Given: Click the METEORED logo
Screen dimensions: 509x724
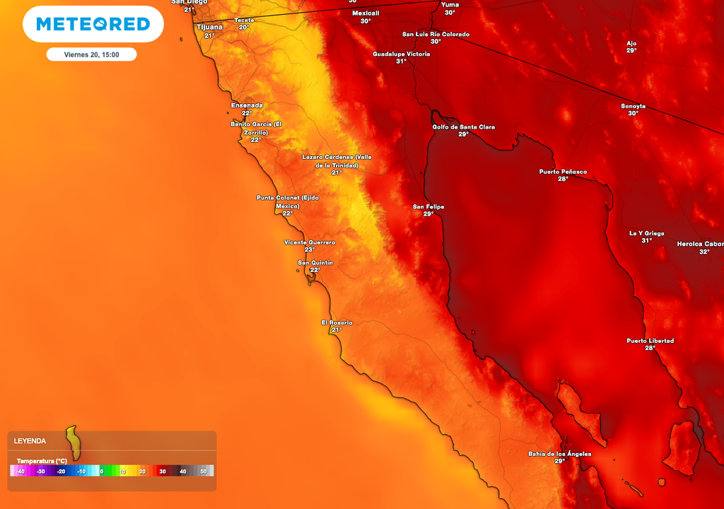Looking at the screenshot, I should [93, 24].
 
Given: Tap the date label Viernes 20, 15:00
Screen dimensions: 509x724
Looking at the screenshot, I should [91, 54].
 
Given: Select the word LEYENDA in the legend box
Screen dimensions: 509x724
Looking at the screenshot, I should [30, 441].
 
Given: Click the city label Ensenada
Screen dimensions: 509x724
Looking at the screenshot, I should [247, 105].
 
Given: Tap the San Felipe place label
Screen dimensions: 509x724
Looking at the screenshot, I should [428, 206].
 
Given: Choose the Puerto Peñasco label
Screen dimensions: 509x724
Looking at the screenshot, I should [563, 172].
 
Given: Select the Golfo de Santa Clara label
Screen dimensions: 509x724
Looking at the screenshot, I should [464, 127].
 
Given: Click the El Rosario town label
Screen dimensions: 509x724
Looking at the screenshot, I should [337, 322].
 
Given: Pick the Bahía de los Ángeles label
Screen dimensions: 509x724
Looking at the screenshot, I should [559, 454].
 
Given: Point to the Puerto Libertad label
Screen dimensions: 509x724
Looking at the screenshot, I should [650, 341].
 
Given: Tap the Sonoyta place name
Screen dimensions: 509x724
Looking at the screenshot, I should [633, 106].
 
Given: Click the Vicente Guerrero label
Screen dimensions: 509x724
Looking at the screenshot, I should [310, 242].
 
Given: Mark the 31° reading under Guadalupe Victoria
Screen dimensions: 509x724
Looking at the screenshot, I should [401, 62].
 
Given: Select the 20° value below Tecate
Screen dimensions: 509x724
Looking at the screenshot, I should [244, 27].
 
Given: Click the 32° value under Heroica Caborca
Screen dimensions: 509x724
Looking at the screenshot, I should [704, 252].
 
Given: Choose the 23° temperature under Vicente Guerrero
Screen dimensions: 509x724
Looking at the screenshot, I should [310, 250].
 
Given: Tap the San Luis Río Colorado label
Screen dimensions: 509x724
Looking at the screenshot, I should [436, 34].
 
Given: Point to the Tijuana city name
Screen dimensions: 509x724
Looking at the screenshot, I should [209, 27].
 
